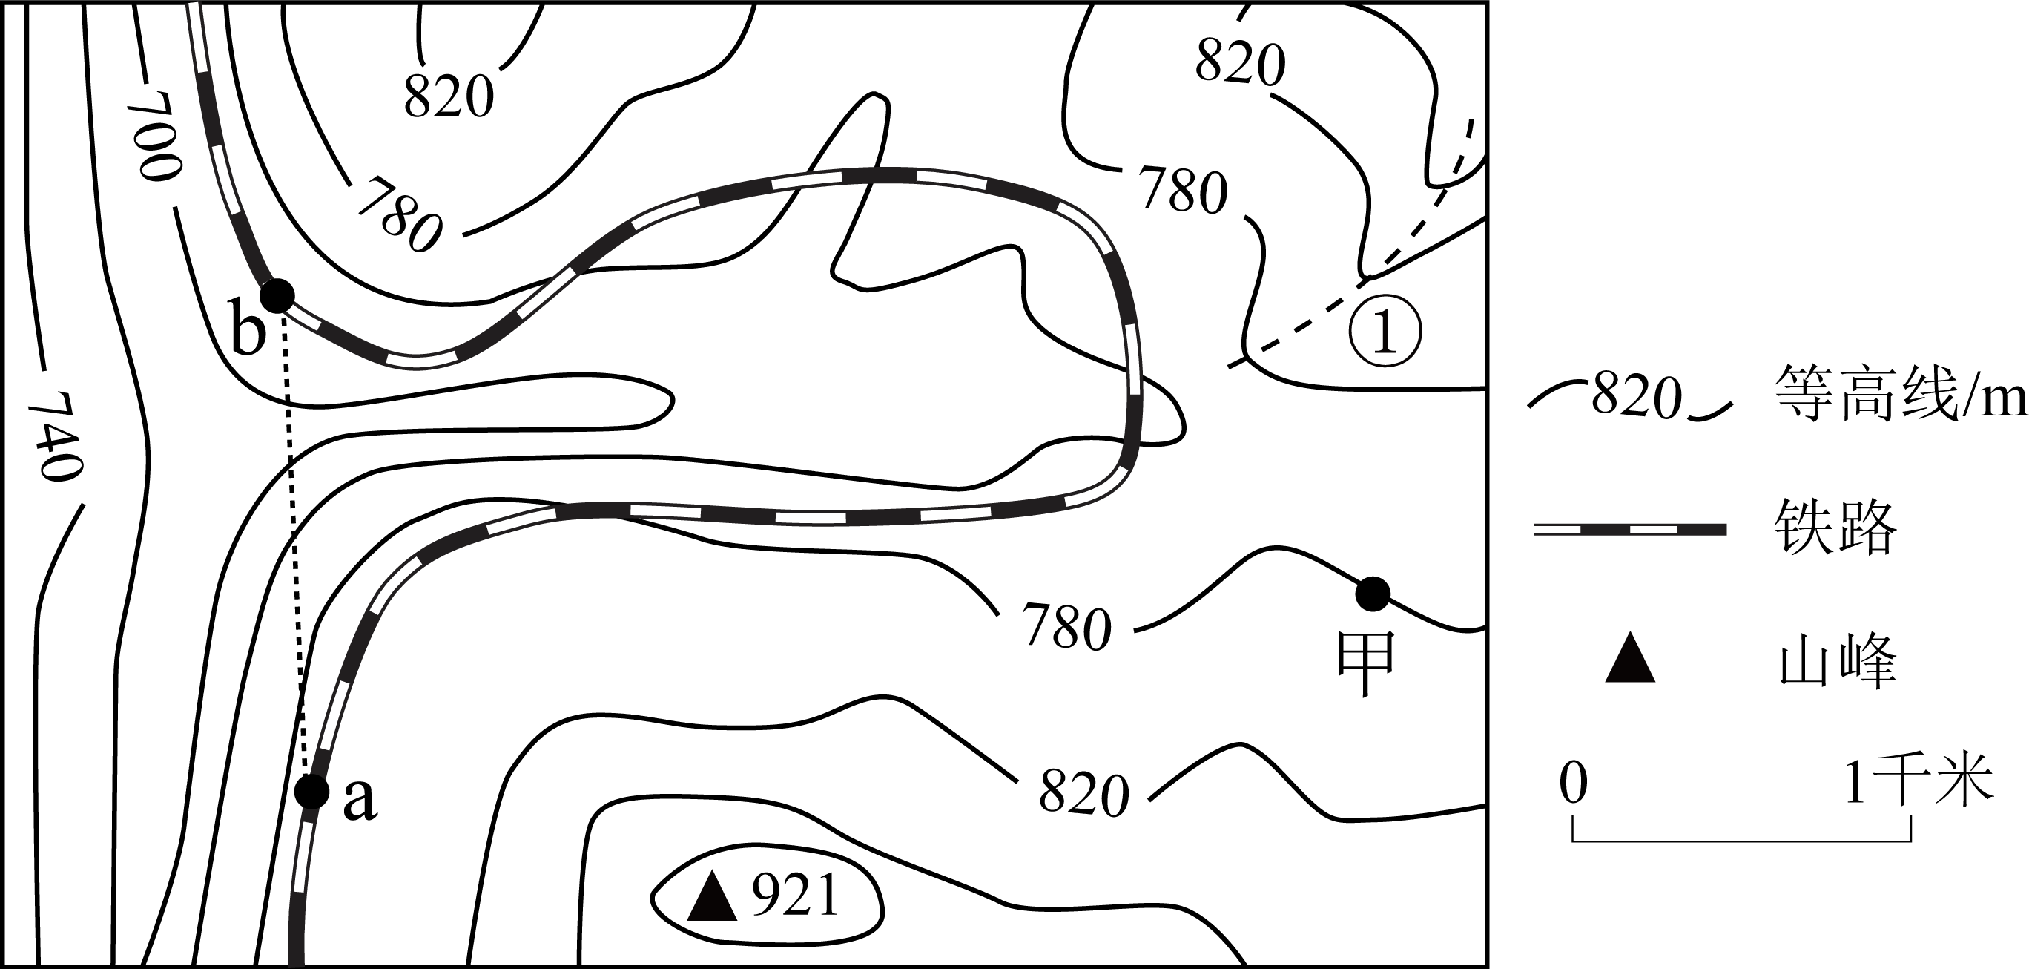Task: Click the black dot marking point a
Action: [x=312, y=791]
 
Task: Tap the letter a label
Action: [x=360, y=801]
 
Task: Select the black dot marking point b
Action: [x=277, y=295]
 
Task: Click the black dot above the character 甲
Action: [x=1372, y=594]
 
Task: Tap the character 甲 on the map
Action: [x=1366, y=664]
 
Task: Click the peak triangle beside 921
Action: [x=712, y=896]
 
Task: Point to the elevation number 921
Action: [x=795, y=896]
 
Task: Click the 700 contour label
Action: [x=154, y=136]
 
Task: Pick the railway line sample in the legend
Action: [x=1630, y=530]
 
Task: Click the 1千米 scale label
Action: [x=1918, y=781]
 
